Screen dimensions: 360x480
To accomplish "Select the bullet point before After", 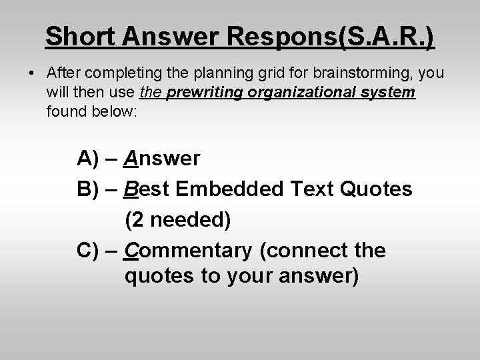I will [x=33, y=73].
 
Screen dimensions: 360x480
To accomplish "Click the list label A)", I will [x=89, y=159].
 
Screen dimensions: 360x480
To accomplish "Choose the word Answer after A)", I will [x=161, y=159].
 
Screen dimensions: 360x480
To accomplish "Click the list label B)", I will [x=89, y=189].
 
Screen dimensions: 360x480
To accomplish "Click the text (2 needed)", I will [x=178, y=220].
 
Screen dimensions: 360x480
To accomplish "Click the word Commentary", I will [x=189, y=251].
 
